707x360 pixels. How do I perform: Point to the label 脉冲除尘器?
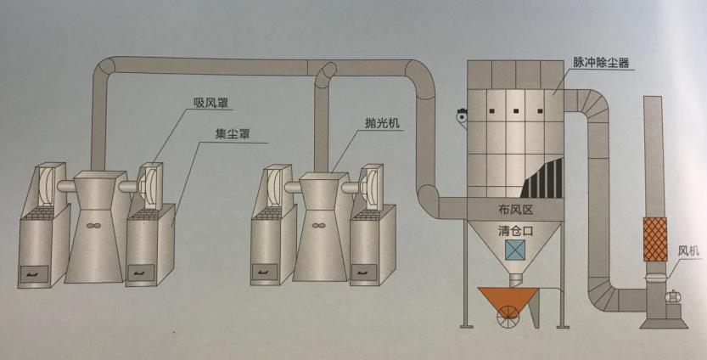click(600, 62)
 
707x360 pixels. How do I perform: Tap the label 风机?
click(688, 251)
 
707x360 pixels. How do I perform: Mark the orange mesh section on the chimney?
click(654, 239)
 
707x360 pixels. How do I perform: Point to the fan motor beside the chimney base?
click(676, 297)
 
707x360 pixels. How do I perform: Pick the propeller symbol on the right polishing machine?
click(317, 226)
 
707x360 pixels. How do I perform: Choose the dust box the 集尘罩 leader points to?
click(153, 246)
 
